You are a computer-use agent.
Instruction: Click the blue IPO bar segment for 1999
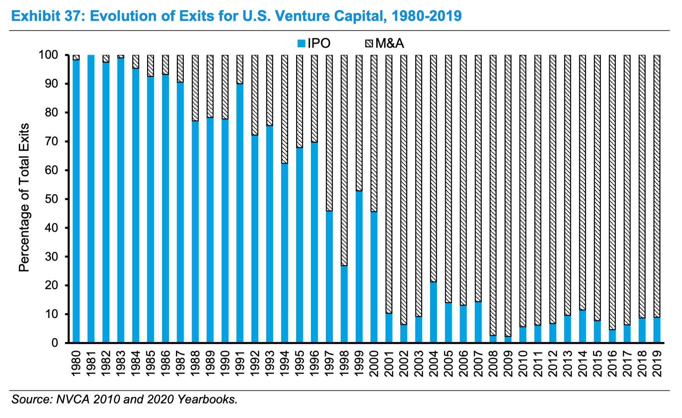pos(359,267)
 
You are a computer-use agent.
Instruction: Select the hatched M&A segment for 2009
pos(508,195)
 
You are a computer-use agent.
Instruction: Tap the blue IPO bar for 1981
pos(91,199)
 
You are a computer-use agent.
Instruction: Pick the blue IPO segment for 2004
pos(433,312)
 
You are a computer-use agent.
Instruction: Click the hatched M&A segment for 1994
pos(284,109)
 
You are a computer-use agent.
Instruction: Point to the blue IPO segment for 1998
pos(344,304)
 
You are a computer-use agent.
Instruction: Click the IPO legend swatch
pos(301,43)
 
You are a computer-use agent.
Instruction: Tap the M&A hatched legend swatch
pos(369,43)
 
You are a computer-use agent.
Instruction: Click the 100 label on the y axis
pos(48,55)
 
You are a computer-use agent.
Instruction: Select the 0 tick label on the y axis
pos(55,343)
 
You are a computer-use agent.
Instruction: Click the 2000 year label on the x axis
pos(374,363)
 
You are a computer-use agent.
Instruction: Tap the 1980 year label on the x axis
pos(76,363)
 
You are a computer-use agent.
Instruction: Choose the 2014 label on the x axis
pos(583,363)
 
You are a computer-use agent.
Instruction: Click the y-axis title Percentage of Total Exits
pos(24,198)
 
